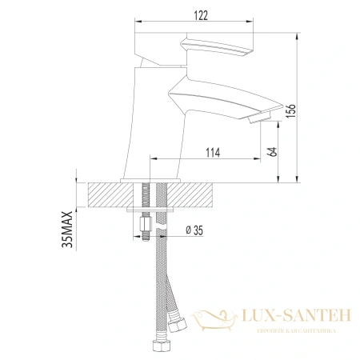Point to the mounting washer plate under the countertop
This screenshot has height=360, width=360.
[x=153, y=210]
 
